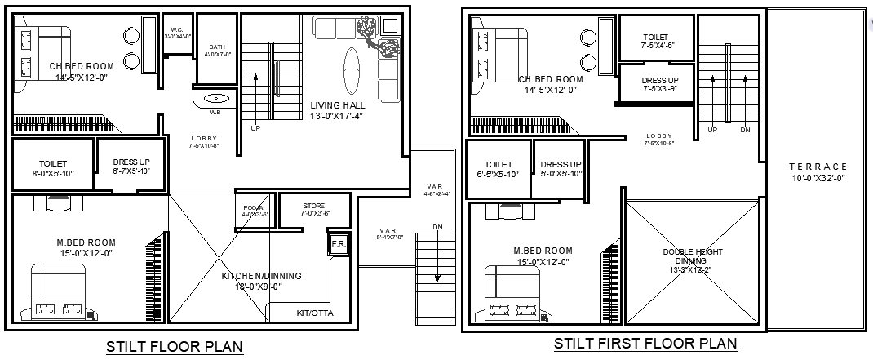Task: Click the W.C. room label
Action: click(177, 29)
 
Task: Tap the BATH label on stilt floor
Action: click(217, 47)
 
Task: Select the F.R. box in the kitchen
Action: click(338, 244)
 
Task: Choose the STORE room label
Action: click(313, 206)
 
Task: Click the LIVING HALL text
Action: click(337, 105)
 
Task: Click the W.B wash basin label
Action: click(215, 112)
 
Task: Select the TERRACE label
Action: click(818, 167)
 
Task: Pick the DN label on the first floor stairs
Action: click(744, 130)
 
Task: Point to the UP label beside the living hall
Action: click(255, 128)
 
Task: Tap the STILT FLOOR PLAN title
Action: click(175, 347)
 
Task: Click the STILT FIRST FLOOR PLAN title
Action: click(645, 344)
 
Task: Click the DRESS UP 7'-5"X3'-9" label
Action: click(656, 83)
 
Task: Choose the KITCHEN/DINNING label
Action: click(261, 277)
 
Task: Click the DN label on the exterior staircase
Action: click(437, 227)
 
